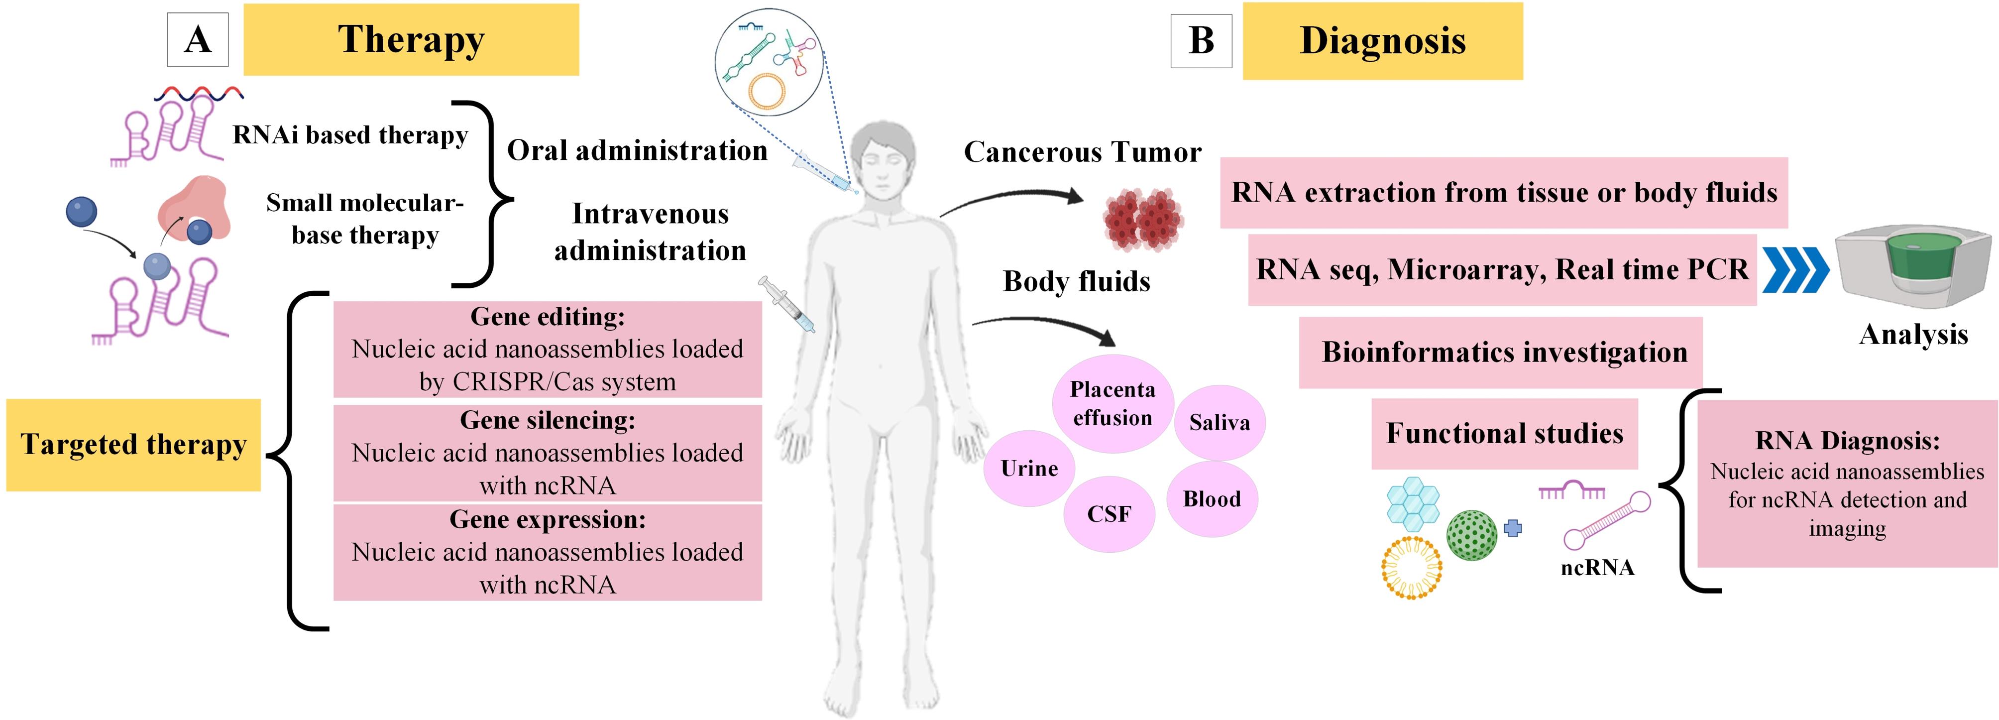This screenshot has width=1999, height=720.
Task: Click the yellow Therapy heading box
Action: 411,39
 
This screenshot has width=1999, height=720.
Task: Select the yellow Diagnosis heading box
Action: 1383,41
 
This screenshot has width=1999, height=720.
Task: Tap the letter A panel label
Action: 198,39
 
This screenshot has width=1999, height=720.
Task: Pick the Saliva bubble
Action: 1219,422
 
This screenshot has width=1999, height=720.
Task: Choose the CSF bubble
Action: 1109,514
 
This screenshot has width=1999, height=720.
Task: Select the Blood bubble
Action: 1212,499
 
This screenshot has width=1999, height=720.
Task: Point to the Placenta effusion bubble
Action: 1113,403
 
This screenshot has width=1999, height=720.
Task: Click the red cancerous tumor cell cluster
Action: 1143,220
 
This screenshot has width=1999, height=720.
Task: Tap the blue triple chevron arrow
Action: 1795,270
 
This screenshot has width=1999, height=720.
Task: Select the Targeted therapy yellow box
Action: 133,445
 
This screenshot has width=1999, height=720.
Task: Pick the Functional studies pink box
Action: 1505,434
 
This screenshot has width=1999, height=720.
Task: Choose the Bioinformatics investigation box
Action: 1501,352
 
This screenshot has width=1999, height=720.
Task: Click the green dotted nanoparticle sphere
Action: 1472,535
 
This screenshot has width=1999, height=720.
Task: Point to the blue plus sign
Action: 1513,528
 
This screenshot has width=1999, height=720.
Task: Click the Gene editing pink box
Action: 548,349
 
